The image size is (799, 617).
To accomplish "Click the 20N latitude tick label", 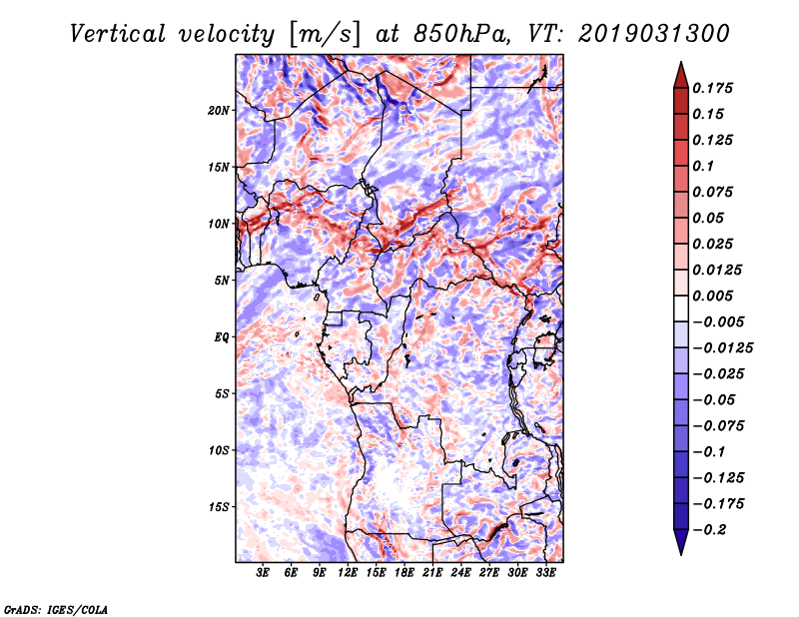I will click(x=219, y=110).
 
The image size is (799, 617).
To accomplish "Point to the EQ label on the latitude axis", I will click(x=222, y=337).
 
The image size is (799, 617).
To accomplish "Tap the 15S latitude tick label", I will click(x=219, y=507).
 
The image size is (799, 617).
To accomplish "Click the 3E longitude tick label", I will click(x=264, y=574).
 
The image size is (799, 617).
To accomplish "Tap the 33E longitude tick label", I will click(x=545, y=574).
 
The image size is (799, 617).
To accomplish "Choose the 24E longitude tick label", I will click(x=460, y=574).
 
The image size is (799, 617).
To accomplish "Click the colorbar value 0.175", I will click(x=715, y=88).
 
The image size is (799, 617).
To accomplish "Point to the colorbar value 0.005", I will click(x=715, y=296).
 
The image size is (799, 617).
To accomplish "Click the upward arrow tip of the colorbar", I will click(x=680, y=64).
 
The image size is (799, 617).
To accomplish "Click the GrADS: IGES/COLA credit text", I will click(x=56, y=607).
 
